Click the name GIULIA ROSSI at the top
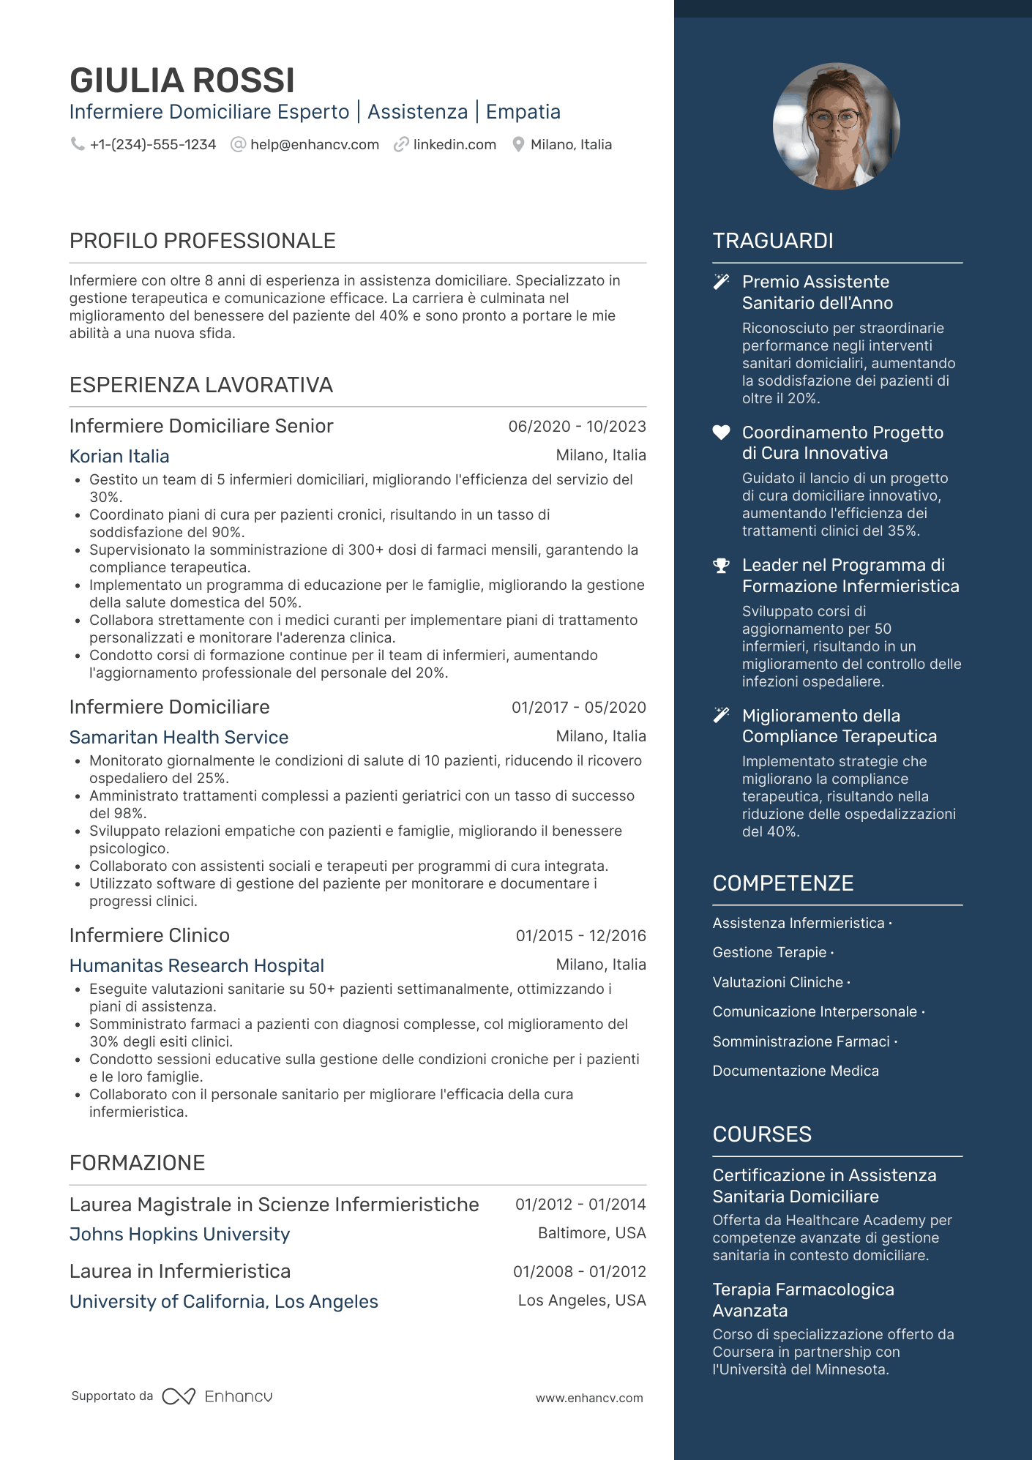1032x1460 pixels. pyautogui.click(x=182, y=81)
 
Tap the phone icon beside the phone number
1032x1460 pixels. pyautogui.click(x=77, y=144)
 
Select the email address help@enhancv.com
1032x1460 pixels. pyautogui.click(x=315, y=145)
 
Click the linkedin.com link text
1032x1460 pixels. pyautogui.click(x=455, y=145)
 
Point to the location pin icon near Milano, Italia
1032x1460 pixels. pyautogui.click(x=518, y=145)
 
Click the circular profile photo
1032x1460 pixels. pyautogui.click(x=836, y=126)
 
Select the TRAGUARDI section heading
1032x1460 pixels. pyautogui.click(x=773, y=241)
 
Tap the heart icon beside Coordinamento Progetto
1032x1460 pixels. pyautogui.click(x=722, y=433)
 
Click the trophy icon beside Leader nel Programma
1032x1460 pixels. pyautogui.click(x=722, y=566)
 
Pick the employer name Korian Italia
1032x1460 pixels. pyautogui.click(x=119, y=457)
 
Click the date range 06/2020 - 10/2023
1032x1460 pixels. pyautogui.click(x=577, y=427)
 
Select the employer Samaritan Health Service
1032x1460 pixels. pyautogui.click(x=179, y=738)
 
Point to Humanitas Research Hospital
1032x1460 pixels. pyautogui.click(x=197, y=966)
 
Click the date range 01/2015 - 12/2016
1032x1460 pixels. pyautogui.click(x=580, y=936)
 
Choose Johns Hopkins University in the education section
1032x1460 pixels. pyautogui.click(x=179, y=1235)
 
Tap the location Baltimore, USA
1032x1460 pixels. pyautogui.click(x=591, y=1234)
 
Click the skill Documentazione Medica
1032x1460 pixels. pyautogui.click(x=796, y=1071)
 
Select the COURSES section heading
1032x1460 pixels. pyautogui.click(x=762, y=1134)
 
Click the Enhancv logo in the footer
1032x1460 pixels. pyautogui.click(x=217, y=1396)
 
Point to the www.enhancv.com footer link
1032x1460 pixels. pyautogui.click(x=589, y=1398)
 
